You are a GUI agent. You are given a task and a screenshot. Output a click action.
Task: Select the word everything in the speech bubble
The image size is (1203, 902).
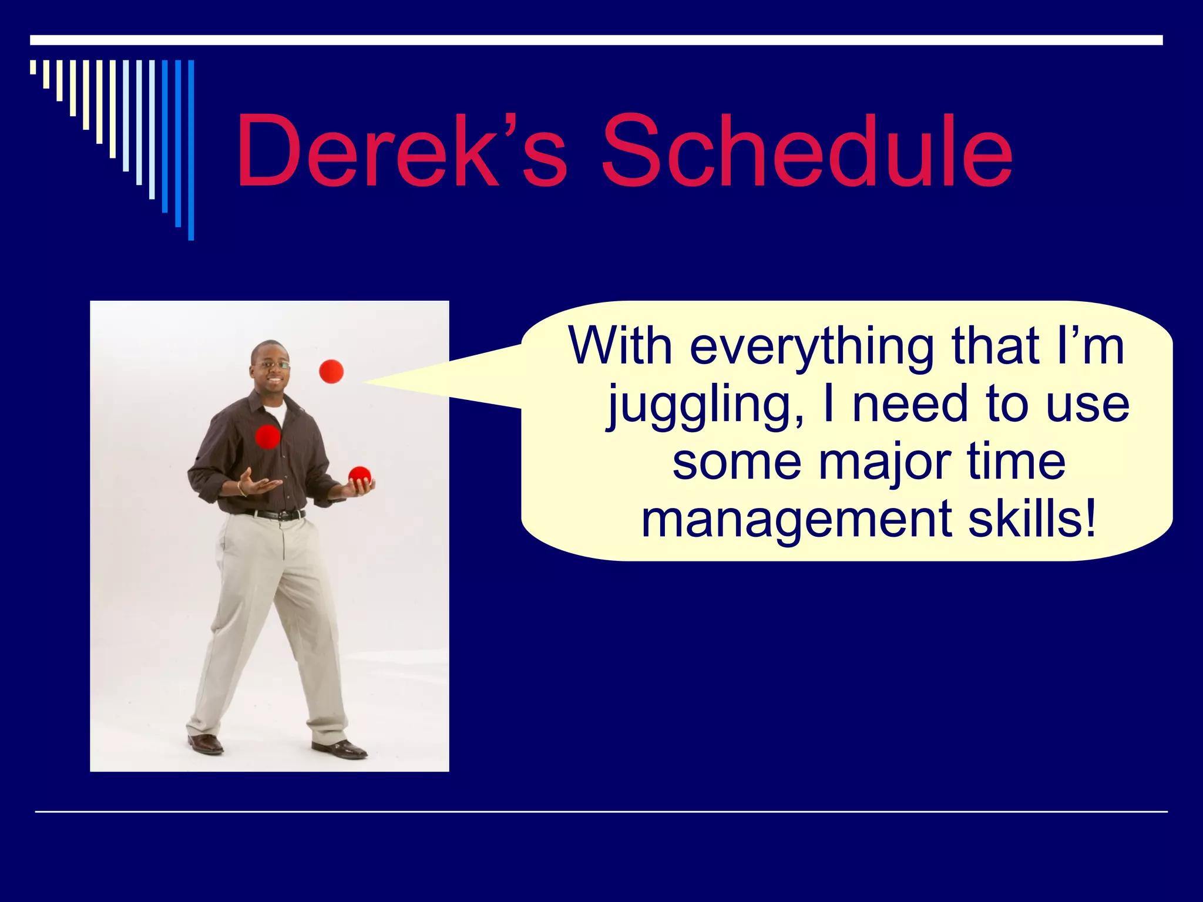tap(811, 348)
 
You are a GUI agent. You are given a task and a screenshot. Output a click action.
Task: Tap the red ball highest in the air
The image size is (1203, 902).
tap(331, 371)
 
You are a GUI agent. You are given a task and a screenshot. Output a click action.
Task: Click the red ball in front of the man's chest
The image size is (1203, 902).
tap(268, 436)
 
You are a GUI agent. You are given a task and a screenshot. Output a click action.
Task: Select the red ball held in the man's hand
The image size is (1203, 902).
tap(359, 476)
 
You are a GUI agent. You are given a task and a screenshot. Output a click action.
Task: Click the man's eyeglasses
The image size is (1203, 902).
tap(272, 365)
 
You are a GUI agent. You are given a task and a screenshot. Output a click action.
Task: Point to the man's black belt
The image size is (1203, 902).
tap(276, 515)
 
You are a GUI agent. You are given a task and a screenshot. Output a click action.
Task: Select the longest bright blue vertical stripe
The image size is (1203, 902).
tap(191, 150)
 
